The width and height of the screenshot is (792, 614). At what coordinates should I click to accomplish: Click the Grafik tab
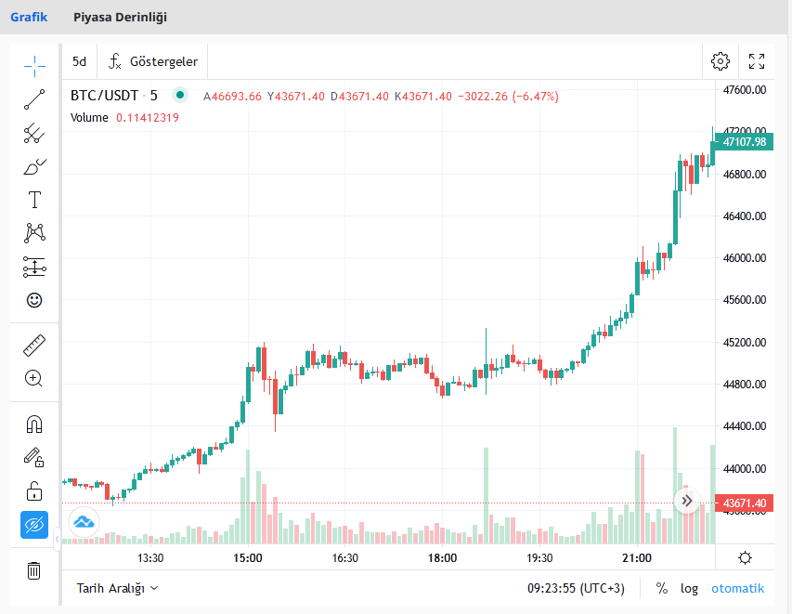pos(29,17)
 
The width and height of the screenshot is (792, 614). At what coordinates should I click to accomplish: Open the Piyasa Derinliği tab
pos(120,17)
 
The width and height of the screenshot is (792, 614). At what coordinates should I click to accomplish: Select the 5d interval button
pos(80,61)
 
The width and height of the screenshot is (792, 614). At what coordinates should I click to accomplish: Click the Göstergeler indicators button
pos(153,61)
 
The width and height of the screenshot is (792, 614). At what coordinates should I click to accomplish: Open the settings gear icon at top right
pos(721,61)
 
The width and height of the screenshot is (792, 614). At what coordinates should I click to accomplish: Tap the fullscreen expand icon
pos(757,61)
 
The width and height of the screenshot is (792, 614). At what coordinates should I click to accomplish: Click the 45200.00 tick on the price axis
pos(745,342)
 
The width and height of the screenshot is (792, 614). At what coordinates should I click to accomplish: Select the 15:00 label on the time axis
pos(248,558)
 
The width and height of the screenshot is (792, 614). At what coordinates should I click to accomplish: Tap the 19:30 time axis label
pos(539,558)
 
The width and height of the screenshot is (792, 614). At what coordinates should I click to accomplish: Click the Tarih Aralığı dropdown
pos(117,588)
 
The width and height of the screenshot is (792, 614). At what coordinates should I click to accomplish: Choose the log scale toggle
pos(689,588)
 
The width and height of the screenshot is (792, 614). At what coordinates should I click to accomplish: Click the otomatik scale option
pos(737,588)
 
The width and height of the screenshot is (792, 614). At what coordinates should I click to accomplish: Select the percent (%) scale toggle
pos(662,588)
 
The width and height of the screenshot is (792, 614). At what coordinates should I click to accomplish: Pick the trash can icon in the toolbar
pos(34,569)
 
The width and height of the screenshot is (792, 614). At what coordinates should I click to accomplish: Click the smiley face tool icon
pos(34,300)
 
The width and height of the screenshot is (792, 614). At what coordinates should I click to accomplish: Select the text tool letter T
pos(34,200)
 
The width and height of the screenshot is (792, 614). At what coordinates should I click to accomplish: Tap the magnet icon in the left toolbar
pos(34,425)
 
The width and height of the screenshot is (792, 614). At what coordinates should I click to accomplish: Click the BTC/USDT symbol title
pos(104,96)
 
